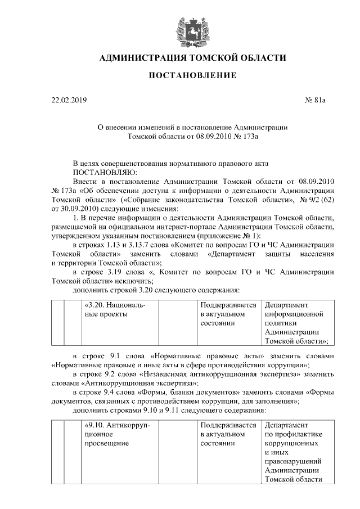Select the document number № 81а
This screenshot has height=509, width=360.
point(315,101)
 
